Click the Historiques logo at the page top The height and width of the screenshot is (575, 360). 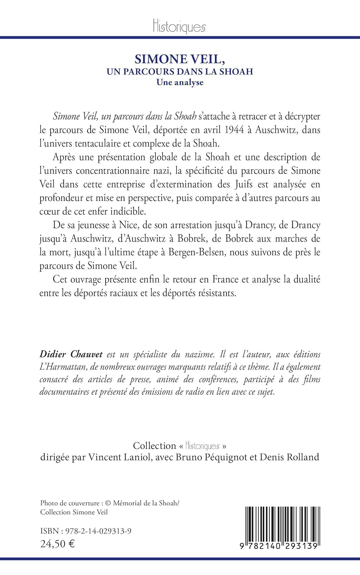point(179,26)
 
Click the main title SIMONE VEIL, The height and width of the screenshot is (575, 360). point(179,59)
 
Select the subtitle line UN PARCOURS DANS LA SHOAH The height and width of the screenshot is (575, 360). point(180,72)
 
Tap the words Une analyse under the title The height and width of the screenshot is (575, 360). point(180,82)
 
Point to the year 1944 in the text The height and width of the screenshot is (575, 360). point(234,130)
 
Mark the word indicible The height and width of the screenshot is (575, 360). point(128,211)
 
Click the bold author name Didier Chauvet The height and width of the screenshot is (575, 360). point(71,354)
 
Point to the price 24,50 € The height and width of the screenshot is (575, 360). point(58,544)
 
